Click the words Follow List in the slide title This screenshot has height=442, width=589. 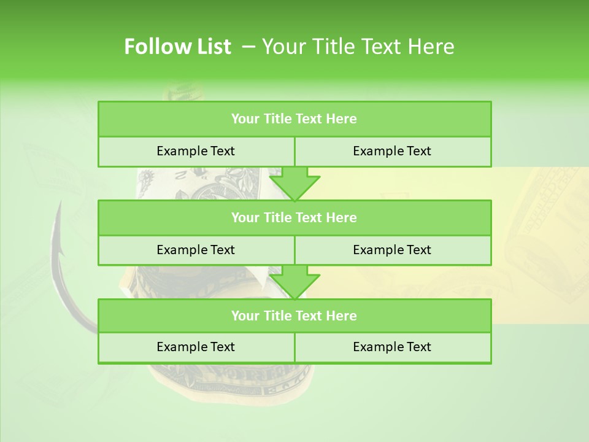pyautogui.click(x=177, y=47)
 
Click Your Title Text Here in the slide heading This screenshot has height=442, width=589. pyautogui.click(x=358, y=47)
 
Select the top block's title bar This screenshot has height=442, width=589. pyautogui.click(x=294, y=119)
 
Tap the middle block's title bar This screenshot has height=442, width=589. pyautogui.click(x=294, y=217)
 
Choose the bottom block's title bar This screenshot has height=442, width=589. pyautogui.click(x=294, y=316)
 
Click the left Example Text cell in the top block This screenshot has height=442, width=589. pyautogui.click(x=196, y=151)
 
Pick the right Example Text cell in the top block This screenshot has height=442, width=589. pyautogui.click(x=392, y=151)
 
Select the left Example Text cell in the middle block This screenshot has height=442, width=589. pyautogui.click(x=196, y=250)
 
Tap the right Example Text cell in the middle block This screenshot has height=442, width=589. pyautogui.click(x=392, y=250)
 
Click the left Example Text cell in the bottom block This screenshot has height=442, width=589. pyautogui.click(x=196, y=347)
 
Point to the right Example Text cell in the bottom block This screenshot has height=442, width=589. pyautogui.click(x=392, y=347)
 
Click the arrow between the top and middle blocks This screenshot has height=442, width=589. pyautogui.click(x=294, y=184)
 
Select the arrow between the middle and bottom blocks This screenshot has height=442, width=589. pyautogui.click(x=294, y=282)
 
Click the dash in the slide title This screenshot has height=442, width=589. pyautogui.click(x=248, y=47)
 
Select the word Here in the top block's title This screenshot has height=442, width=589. pyautogui.click(x=341, y=119)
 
